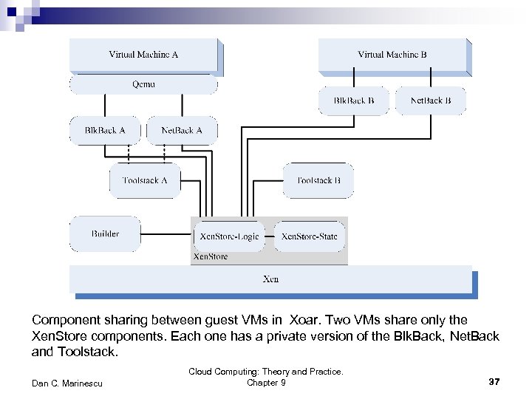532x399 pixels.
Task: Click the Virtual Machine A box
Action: pyautogui.click(x=143, y=55)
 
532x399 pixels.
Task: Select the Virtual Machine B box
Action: pyautogui.click(x=392, y=55)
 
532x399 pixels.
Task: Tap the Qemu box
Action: pyautogui.click(x=143, y=84)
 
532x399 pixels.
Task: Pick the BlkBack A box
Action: pyautogui.click(x=105, y=130)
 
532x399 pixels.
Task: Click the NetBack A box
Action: pyautogui.click(x=181, y=130)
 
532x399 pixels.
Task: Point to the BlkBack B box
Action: pyautogui.click(x=353, y=100)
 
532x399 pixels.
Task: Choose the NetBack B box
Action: pyautogui.click(x=431, y=100)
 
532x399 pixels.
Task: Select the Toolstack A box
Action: pyautogui.click(x=145, y=180)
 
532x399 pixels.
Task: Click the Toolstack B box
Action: pyautogui.click(x=318, y=180)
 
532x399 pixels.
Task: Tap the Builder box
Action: pyautogui.click(x=105, y=234)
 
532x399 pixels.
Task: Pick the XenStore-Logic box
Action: pyautogui.click(x=230, y=236)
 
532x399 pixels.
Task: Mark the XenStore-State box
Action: pyautogui.click(x=310, y=236)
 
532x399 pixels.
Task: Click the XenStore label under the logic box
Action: pyautogui.click(x=210, y=257)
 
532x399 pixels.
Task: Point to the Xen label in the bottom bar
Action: pyautogui.click(x=271, y=279)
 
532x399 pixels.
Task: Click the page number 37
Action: pyautogui.click(x=494, y=382)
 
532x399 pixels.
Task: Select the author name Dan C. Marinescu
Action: pyautogui.click(x=67, y=382)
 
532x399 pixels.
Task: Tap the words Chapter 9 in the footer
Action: pyautogui.click(x=266, y=382)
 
